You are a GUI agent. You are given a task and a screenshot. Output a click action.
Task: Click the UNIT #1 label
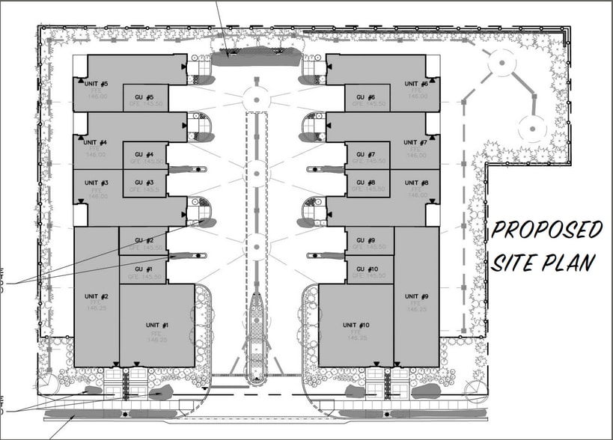click(156, 326)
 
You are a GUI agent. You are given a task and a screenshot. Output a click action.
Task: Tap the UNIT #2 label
click(97, 297)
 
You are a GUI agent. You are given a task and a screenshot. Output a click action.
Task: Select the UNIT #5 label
click(97, 84)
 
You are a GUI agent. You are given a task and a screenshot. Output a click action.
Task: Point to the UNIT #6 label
click(415, 84)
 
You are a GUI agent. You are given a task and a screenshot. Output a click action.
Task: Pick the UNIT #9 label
click(415, 297)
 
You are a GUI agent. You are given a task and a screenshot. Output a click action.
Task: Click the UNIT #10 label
click(356, 326)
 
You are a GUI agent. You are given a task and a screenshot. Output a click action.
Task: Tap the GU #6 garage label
click(366, 98)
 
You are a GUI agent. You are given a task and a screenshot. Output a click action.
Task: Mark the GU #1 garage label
click(144, 269)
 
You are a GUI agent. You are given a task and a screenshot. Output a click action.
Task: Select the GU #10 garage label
click(368, 269)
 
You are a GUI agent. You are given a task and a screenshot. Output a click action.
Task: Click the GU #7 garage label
click(366, 155)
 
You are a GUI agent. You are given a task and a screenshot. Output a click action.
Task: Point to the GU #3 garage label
click(144, 183)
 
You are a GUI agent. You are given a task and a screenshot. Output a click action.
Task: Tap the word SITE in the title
click(516, 263)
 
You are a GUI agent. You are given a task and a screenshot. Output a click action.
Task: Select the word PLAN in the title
click(570, 263)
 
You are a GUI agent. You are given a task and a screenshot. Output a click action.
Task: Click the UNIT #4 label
click(97, 142)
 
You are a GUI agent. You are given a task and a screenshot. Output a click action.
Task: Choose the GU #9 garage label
click(366, 241)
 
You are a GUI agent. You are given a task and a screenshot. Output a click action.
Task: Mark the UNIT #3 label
click(97, 183)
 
